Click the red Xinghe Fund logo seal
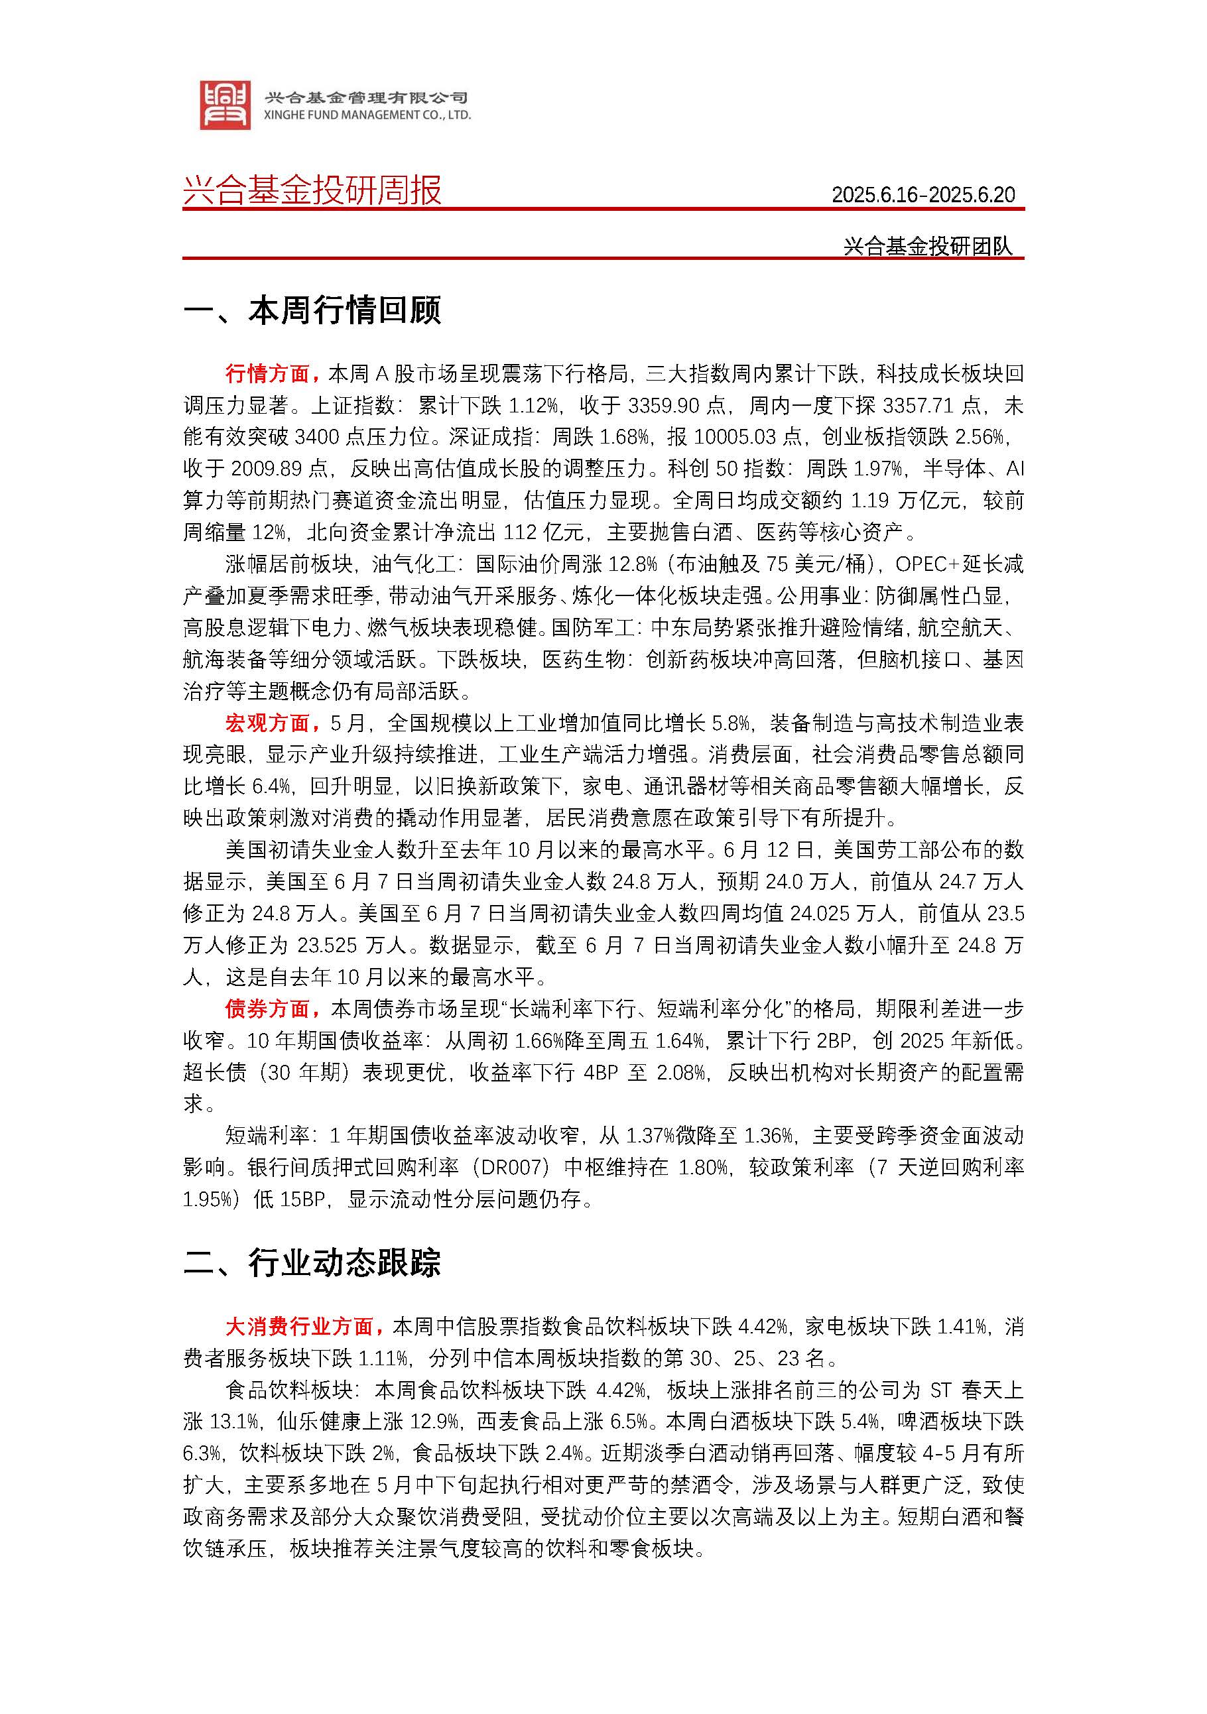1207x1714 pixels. [225, 105]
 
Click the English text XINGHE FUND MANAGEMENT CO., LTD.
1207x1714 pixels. [367, 115]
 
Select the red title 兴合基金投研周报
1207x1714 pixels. [312, 190]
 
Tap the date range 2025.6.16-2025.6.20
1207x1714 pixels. [922, 195]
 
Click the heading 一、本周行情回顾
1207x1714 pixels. [312, 310]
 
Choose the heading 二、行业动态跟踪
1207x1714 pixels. [312, 1262]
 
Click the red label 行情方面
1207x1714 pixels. [267, 373]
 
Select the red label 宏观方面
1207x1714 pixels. [267, 723]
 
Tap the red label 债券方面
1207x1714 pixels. [267, 1009]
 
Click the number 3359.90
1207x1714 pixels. [663, 405]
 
